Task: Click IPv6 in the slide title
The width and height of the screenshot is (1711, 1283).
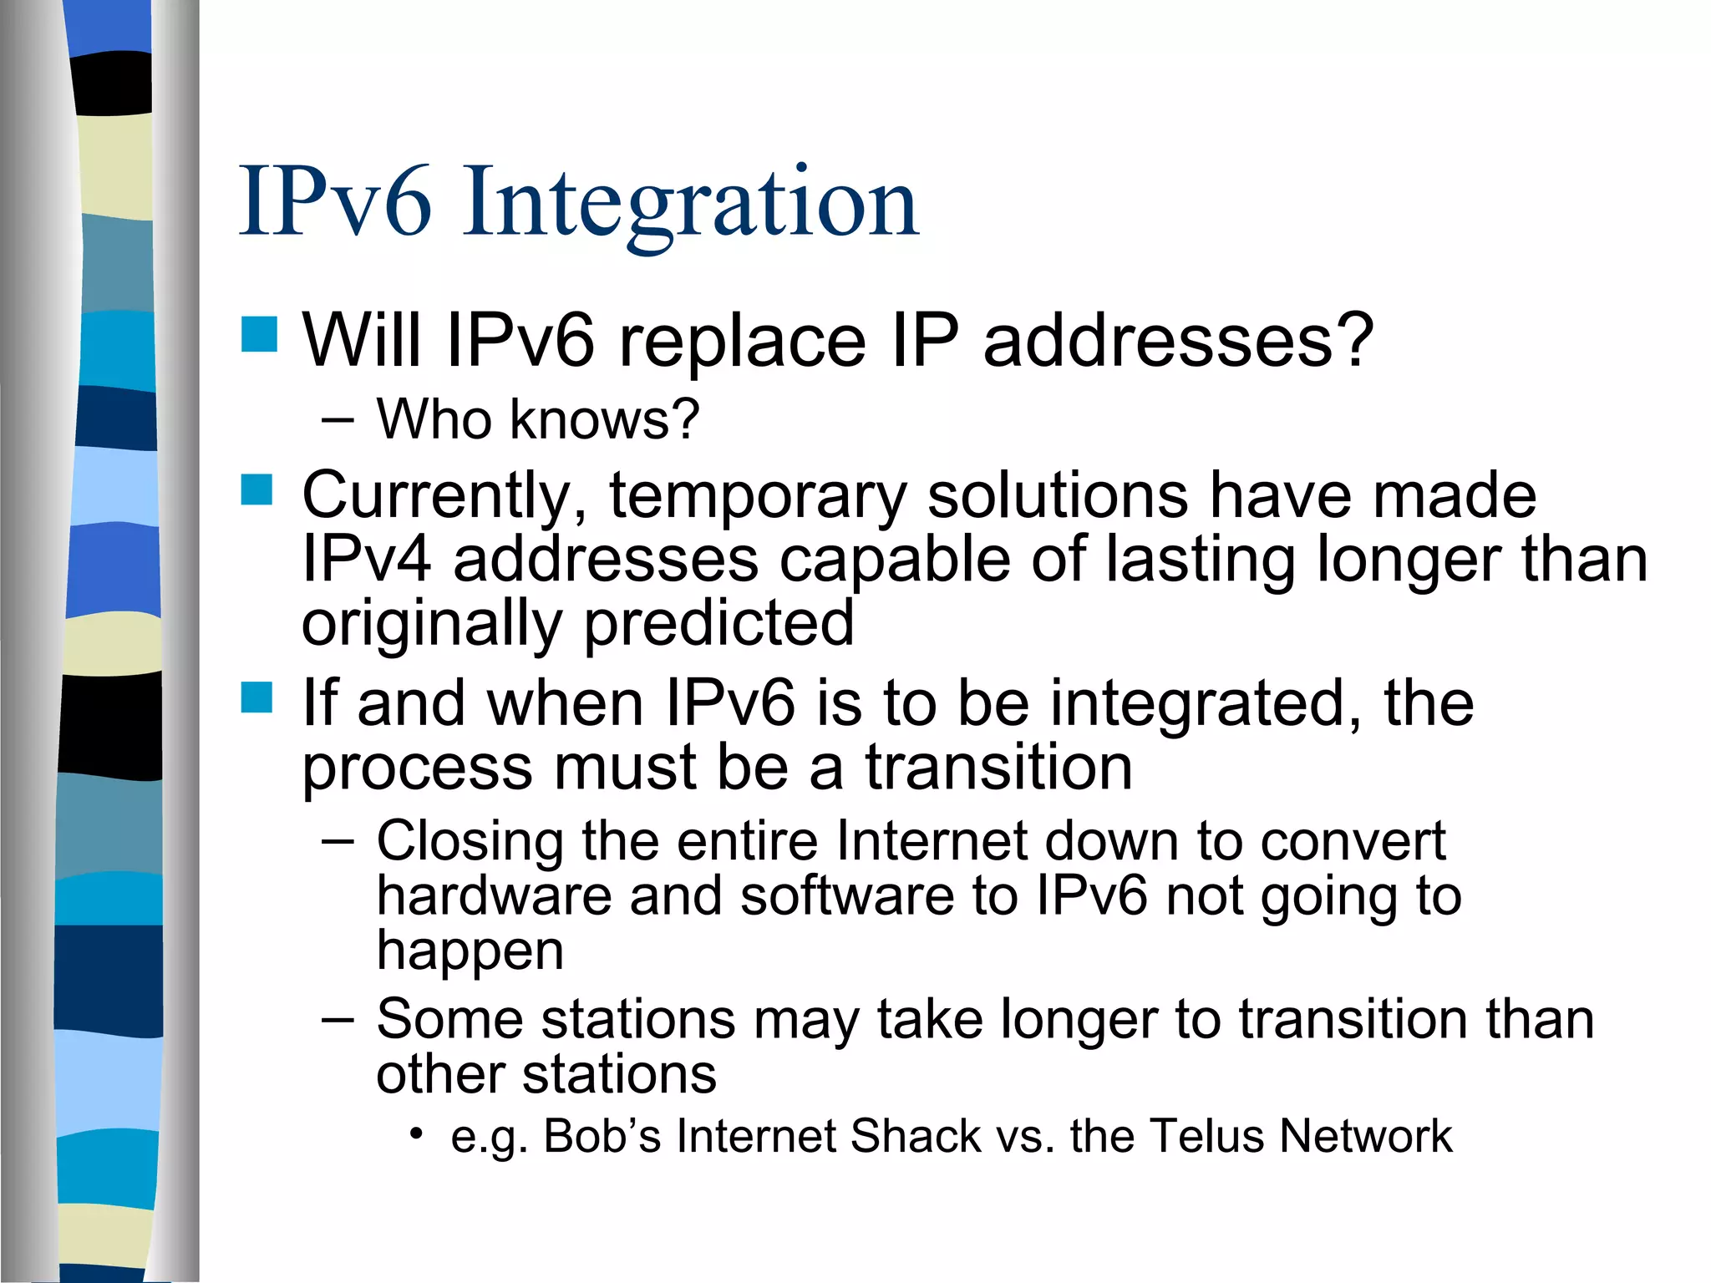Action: [x=335, y=203]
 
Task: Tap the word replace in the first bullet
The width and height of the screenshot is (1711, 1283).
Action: [x=742, y=341]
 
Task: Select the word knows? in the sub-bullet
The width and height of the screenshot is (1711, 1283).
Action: [x=604, y=418]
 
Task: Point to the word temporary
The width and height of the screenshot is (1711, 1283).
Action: [x=758, y=496]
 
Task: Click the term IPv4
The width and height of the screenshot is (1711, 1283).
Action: [x=367, y=559]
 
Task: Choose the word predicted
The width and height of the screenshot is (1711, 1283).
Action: [x=718, y=622]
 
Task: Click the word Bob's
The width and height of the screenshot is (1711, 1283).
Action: [x=602, y=1136]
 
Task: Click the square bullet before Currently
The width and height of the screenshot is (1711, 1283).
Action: [x=257, y=490]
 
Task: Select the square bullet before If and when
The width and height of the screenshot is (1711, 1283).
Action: [x=257, y=697]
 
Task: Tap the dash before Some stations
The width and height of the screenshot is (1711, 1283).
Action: [x=338, y=1020]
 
